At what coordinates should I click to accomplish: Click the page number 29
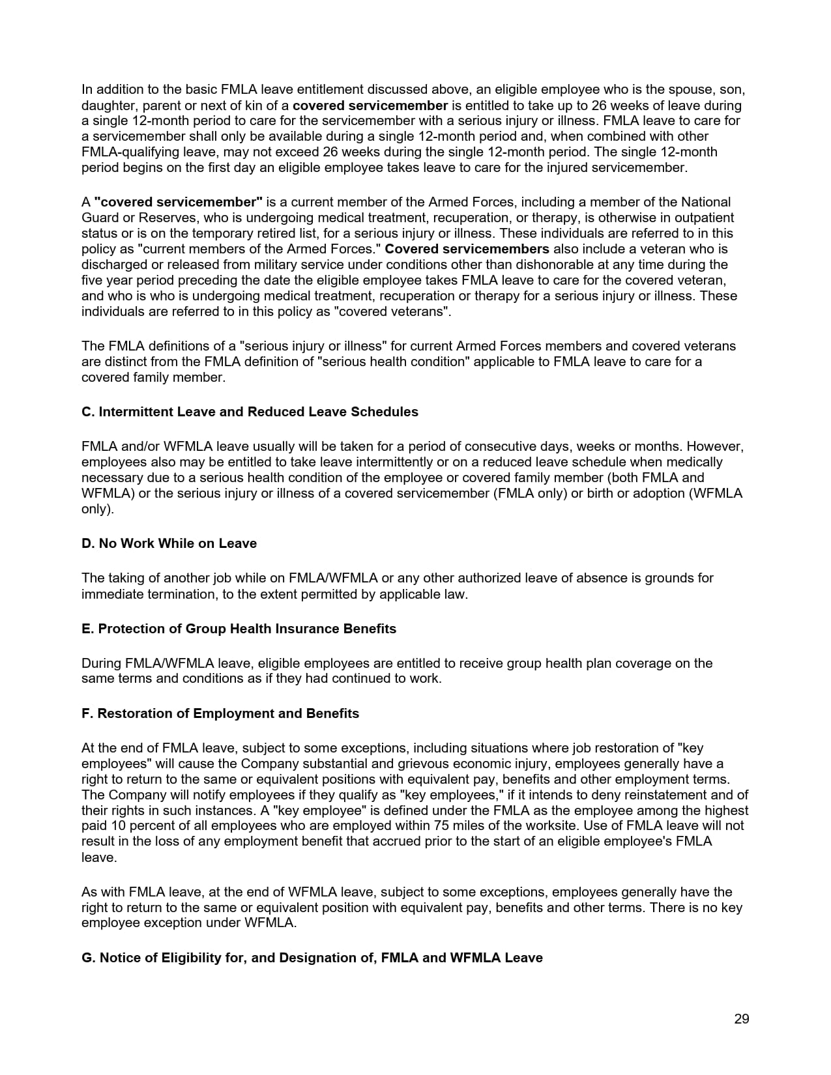point(741,1020)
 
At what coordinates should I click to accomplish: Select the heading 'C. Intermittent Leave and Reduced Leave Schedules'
point(250,412)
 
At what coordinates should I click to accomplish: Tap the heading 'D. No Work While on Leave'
point(169,543)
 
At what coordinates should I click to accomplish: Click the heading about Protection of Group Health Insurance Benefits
point(239,629)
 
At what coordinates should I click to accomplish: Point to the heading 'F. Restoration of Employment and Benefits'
point(220,713)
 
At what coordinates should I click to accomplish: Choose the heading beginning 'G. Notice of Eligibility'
point(312,958)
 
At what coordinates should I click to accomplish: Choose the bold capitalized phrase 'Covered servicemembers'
point(467,249)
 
